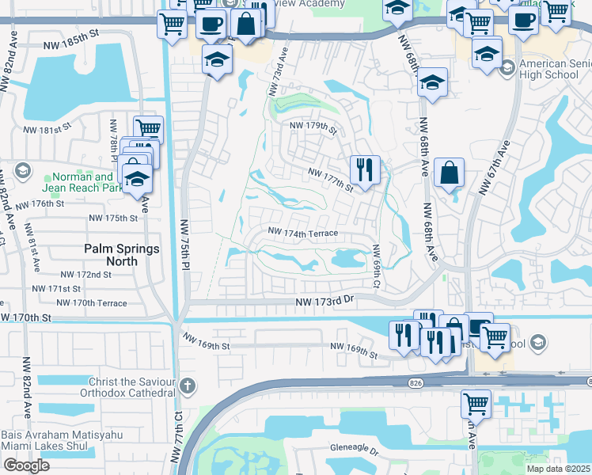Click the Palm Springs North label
[x=122, y=254]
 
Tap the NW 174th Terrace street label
[x=303, y=233]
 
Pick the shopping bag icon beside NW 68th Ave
[x=449, y=173]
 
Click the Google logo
[x=26, y=465]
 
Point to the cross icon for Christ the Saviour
[x=187, y=386]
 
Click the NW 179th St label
[x=314, y=127]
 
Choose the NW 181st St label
[x=47, y=127]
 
